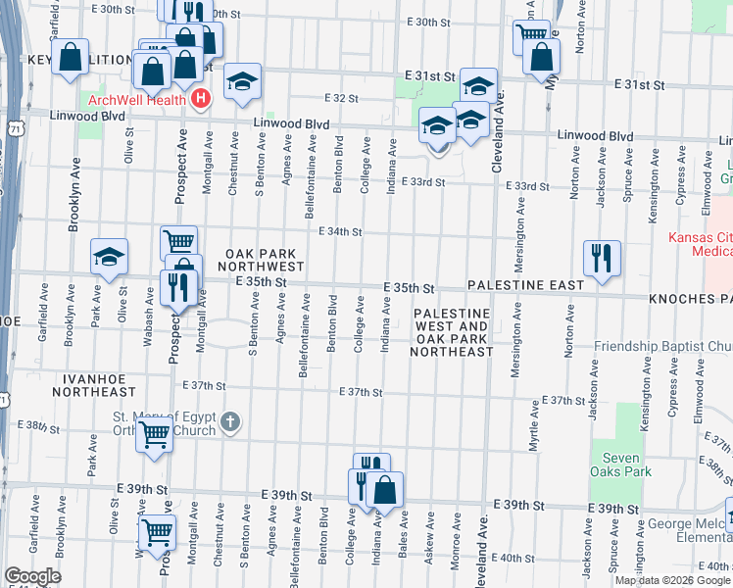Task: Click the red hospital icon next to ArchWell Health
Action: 201,98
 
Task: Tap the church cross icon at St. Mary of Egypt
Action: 229,422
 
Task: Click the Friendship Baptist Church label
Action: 663,347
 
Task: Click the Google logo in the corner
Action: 32,576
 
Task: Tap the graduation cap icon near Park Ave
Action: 109,256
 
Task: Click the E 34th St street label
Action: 340,232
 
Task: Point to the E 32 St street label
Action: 340,99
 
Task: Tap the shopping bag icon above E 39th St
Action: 386,490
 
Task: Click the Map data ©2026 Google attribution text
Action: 672,580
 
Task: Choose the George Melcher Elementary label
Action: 690,524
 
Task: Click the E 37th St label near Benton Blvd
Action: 360,392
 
